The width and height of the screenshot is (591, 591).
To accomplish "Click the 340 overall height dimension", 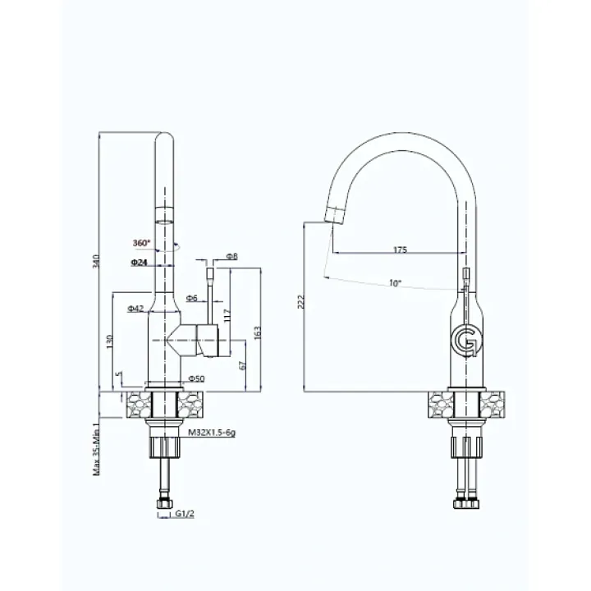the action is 96,262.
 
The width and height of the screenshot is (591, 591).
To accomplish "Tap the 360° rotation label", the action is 141,243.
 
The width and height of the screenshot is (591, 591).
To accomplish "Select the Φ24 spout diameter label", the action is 139,263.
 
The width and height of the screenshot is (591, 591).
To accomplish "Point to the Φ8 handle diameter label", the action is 232,256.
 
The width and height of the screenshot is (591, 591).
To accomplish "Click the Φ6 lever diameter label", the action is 191,298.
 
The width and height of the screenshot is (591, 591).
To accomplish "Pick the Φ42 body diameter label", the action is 135,309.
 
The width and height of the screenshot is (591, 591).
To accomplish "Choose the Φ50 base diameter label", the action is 196,378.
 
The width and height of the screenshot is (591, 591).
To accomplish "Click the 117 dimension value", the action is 227,316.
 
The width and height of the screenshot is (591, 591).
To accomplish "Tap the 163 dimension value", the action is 258,333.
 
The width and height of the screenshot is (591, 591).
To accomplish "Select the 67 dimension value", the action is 242,365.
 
